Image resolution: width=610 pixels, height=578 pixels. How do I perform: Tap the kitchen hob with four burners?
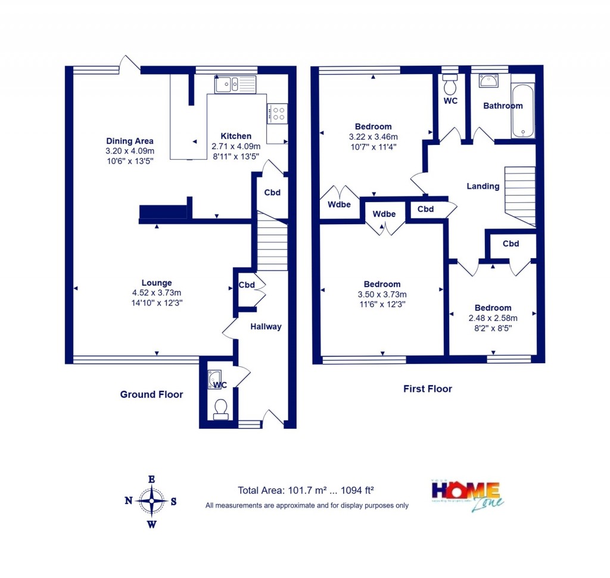(277, 113)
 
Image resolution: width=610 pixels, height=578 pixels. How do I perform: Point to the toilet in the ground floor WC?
(220, 410)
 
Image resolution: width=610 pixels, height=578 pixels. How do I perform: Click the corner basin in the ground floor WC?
(214, 379)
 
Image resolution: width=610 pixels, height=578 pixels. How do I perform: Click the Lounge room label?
(157, 283)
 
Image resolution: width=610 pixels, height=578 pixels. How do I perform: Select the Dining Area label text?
(130, 141)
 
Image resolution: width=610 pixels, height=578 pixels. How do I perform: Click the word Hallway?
(266, 326)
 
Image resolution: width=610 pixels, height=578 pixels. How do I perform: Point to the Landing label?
(483, 186)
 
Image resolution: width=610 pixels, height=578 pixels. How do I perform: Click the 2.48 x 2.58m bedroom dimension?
(493, 318)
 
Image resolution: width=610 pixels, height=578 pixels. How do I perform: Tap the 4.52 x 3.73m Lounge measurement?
(157, 293)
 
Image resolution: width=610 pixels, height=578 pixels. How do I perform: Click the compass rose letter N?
(128, 501)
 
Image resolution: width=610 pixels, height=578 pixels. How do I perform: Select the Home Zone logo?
(468, 496)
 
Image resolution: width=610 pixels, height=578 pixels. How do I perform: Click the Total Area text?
(306, 491)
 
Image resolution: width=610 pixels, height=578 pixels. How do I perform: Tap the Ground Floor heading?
(151, 394)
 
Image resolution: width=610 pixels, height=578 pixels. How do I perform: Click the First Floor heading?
(427, 389)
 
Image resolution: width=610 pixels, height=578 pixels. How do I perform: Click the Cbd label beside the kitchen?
(272, 193)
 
